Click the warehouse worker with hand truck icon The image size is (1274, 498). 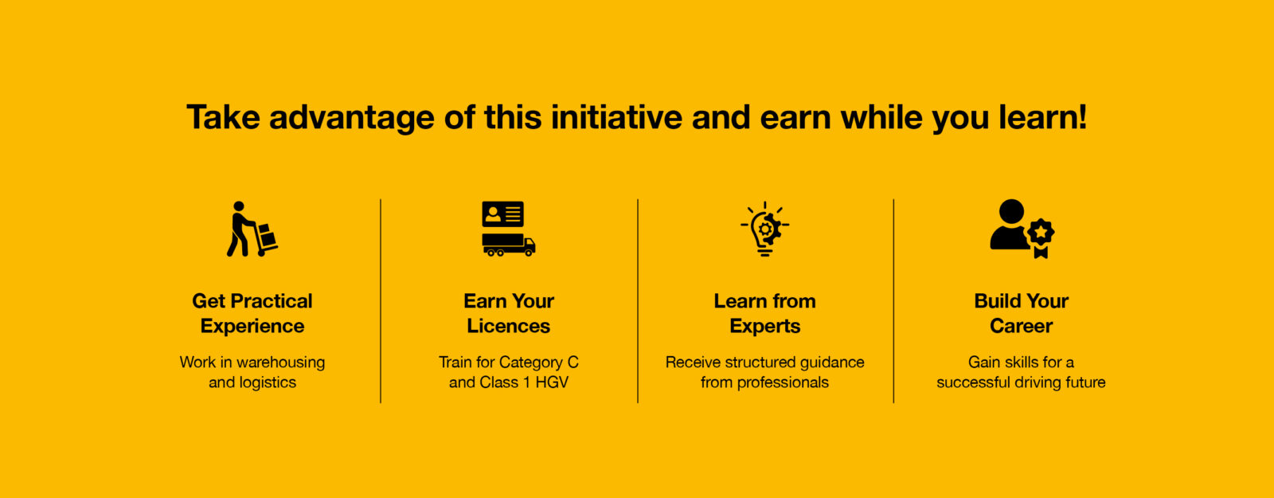(252, 229)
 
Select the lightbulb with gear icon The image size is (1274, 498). (765, 229)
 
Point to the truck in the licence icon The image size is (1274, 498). (509, 245)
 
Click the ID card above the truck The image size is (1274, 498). (502, 214)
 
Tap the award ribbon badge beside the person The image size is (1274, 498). (1041, 238)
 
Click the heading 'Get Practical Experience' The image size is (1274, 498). (252, 313)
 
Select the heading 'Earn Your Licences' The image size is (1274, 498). (509, 313)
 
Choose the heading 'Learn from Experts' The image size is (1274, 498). (765, 313)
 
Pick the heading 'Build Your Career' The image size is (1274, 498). (1022, 313)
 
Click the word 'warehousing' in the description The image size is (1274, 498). (281, 363)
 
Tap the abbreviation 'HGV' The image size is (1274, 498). (552, 382)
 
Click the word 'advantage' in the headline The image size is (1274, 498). (351, 119)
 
